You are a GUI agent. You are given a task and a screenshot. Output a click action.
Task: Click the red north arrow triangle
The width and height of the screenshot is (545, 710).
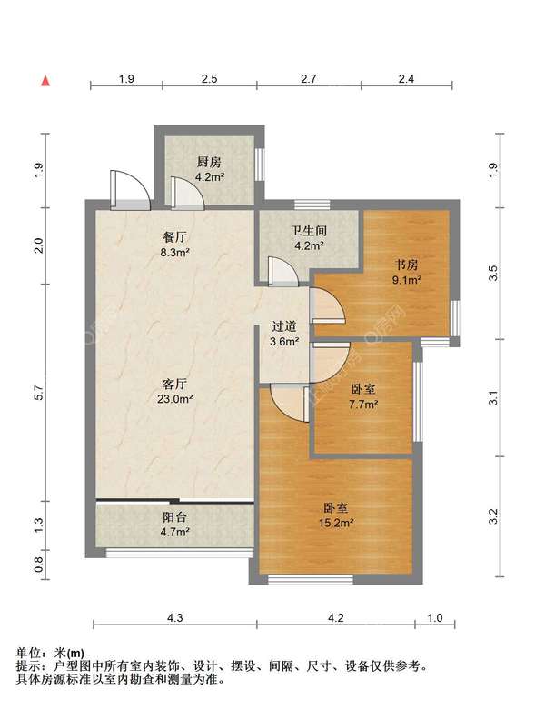coord(45,81)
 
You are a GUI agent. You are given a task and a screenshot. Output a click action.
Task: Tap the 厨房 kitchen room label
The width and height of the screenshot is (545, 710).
coord(209,162)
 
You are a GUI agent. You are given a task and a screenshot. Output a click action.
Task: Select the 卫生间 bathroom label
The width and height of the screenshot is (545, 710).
coord(309,231)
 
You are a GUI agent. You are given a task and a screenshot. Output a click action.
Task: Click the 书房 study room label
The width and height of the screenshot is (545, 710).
coord(406,265)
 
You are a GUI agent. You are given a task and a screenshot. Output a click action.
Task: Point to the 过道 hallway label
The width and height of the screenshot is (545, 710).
coord(284,326)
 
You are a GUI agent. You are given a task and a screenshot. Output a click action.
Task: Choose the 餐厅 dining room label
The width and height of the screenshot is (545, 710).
coord(174,236)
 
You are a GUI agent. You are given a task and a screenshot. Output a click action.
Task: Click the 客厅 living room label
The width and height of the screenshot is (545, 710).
coord(174,384)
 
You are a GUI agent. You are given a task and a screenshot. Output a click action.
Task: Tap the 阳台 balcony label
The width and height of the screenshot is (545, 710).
coord(174,517)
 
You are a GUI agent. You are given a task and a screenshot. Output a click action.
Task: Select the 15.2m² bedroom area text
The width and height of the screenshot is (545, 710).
coord(336,524)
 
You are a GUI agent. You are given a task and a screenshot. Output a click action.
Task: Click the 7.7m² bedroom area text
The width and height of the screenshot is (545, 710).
coord(363,405)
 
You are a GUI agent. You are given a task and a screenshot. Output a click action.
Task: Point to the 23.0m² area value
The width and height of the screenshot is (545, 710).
coord(175,399)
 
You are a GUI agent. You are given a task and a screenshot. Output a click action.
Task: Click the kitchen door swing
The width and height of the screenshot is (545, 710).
coord(187,194)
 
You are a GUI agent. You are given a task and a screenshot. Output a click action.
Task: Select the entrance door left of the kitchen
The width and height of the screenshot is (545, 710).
coord(130,190)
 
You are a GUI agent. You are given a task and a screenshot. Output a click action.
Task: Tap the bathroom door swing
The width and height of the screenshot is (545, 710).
coord(282,272)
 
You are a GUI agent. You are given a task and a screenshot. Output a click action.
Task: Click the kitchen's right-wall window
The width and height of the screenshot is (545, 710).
coord(259,165)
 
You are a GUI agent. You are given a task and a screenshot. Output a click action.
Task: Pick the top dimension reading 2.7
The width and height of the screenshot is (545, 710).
coord(309,79)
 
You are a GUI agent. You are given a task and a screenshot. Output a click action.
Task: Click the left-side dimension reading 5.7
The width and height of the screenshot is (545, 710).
coord(39,393)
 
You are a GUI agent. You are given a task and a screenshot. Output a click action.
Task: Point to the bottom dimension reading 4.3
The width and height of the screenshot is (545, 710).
coord(175,617)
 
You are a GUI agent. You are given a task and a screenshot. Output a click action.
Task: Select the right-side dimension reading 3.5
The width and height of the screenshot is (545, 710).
coord(493,273)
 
